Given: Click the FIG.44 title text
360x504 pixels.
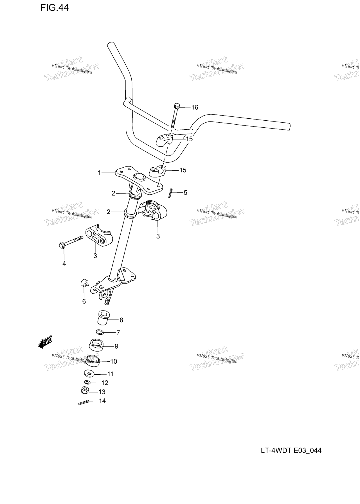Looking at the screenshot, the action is [x=54, y=8].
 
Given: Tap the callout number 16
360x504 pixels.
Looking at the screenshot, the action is [x=195, y=107].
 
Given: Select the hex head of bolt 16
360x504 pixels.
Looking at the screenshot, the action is [x=177, y=106].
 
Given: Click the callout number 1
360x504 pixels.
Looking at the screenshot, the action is [x=99, y=173].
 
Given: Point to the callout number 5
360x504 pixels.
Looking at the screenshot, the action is [x=185, y=193].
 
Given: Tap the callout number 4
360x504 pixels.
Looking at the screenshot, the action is [x=64, y=264].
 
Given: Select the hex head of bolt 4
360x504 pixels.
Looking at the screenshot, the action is [x=62, y=246].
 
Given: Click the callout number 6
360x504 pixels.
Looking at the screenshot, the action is [x=84, y=301].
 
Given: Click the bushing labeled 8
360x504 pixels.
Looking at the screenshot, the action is [x=103, y=318].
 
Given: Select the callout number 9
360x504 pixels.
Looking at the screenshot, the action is [x=116, y=346].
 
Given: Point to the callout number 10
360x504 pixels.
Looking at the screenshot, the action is [x=114, y=361].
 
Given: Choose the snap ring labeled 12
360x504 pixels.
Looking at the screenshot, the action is [x=87, y=382].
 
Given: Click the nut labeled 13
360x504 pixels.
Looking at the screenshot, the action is [x=85, y=391].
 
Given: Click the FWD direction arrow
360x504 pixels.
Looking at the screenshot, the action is [x=45, y=342].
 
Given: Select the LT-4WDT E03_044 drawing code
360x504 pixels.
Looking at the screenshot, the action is [x=291, y=451].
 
